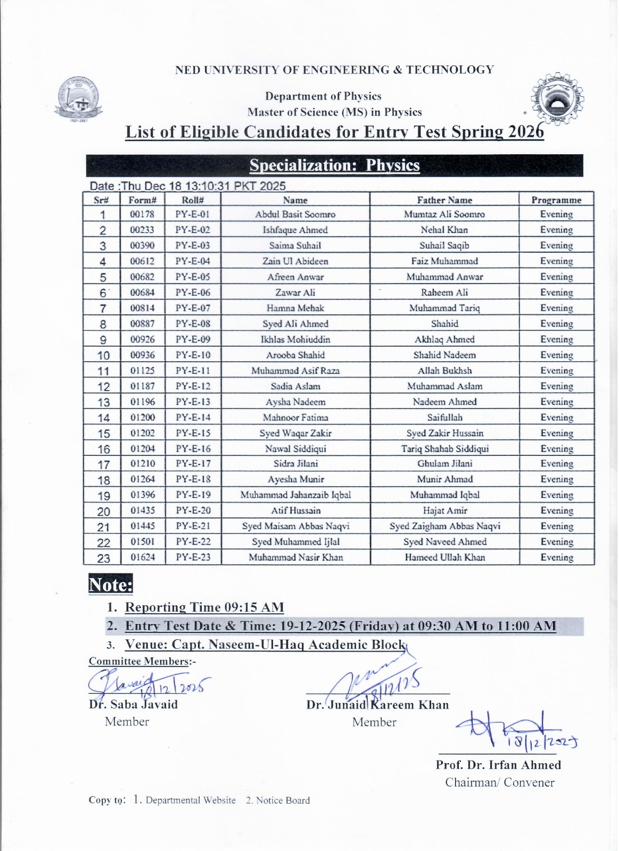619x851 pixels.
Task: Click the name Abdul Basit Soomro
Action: tap(295, 214)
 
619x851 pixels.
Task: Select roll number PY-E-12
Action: tap(193, 386)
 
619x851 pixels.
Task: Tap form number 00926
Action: tap(142, 339)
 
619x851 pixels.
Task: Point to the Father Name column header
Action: tap(444, 200)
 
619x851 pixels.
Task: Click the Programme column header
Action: tap(556, 200)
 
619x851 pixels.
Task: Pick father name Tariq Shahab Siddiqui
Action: tap(444, 448)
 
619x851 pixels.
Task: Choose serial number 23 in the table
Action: tap(103, 558)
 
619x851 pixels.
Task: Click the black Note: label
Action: tap(111, 585)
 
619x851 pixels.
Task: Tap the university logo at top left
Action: tap(79, 99)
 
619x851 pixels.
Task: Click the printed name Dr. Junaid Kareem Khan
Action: tap(377, 705)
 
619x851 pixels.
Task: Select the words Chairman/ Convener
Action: tap(499, 782)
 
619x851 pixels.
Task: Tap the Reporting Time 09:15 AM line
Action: tap(204, 607)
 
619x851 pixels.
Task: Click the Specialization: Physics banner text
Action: tap(334, 165)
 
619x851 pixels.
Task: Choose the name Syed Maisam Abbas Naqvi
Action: tap(295, 527)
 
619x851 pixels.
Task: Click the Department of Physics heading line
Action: tap(323, 96)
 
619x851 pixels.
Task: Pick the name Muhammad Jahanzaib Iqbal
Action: tap(295, 495)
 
